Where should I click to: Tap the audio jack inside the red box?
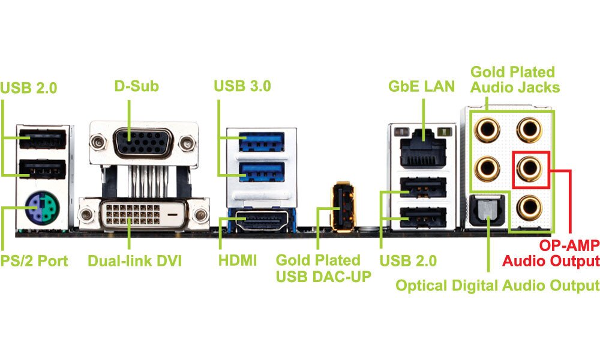pos(531,169)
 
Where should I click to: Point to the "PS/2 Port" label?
pos(34,261)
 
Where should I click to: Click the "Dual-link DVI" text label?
pos(134,261)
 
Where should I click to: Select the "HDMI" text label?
pos(238,261)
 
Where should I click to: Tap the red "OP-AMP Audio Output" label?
pos(551,253)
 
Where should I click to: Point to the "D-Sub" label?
pos(136,86)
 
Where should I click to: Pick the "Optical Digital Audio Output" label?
pos(497,285)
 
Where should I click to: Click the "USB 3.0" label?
pos(242,86)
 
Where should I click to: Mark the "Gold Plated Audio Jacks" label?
pos(515,79)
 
